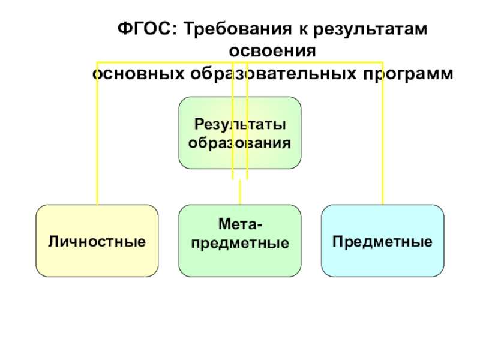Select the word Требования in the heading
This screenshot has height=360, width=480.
[x=238, y=29]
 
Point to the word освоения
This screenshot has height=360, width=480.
[x=272, y=51]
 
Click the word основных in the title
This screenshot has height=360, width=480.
[x=139, y=74]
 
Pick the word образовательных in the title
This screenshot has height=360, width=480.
[x=273, y=73]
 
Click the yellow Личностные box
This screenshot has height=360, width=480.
[x=97, y=241]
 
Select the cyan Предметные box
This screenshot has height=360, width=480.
[x=383, y=241]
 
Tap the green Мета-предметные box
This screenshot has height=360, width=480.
[x=240, y=241]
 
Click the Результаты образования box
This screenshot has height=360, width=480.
[x=240, y=133]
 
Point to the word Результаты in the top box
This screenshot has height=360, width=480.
[x=241, y=125]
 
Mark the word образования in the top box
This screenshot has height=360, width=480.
[x=239, y=143]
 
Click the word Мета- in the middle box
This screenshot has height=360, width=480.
[x=241, y=224]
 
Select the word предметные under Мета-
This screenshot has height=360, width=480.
[x=240, y=244]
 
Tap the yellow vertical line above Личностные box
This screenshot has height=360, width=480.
[x=97, y=133]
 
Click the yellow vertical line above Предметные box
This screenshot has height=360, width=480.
[x=383, y=133]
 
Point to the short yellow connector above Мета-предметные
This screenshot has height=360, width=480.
[x=240, y=192]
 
